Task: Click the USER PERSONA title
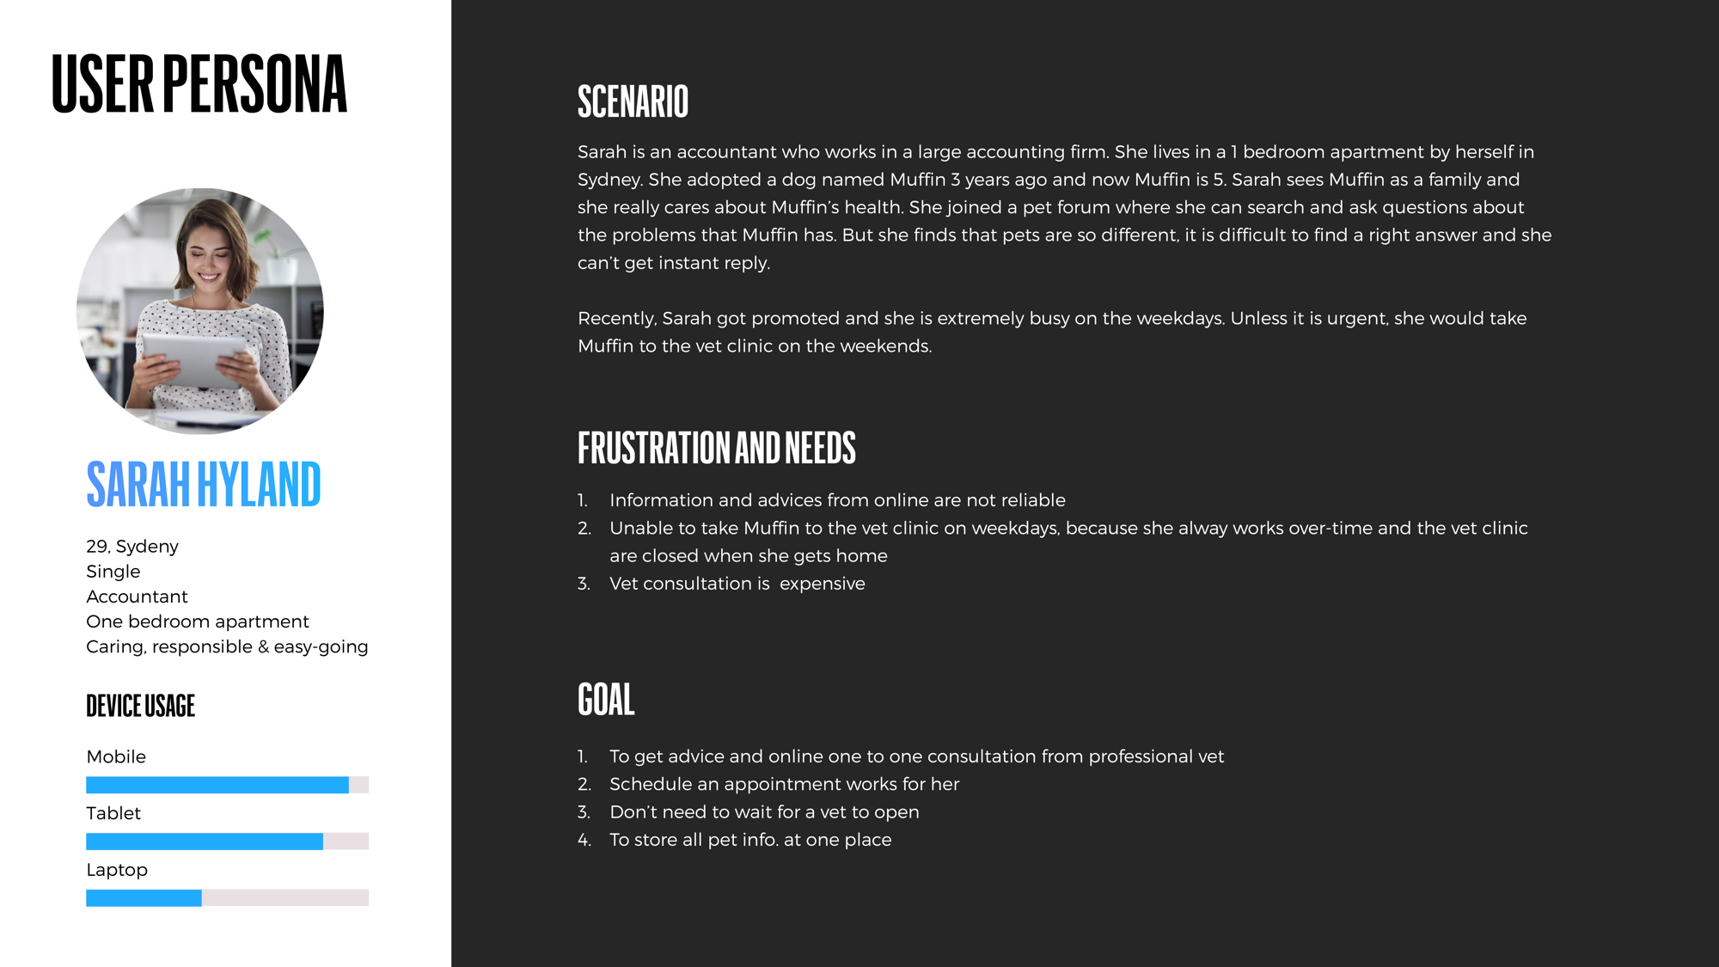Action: (199, 83)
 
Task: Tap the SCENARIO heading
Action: (633, 101)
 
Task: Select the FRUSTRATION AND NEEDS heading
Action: (716, 448)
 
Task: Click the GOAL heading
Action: (606, 700)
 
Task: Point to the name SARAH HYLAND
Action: (204, 484)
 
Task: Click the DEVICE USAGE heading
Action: (140, 706)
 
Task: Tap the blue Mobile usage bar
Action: (217, 785)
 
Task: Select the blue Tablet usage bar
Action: (204, 842)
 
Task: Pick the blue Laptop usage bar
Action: (144, 898)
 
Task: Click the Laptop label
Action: (117, 870)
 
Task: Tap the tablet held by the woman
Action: (194, 359)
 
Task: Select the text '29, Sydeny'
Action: (132, 547)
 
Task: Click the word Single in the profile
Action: (113, 572)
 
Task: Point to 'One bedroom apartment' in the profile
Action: (197, 621)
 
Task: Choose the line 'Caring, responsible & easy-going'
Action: (227, 646)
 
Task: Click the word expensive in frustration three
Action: (822, 584)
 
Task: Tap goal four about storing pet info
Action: (749, 840)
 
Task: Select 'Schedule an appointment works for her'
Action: (784, 784)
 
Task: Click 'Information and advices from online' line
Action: (836, 500)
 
